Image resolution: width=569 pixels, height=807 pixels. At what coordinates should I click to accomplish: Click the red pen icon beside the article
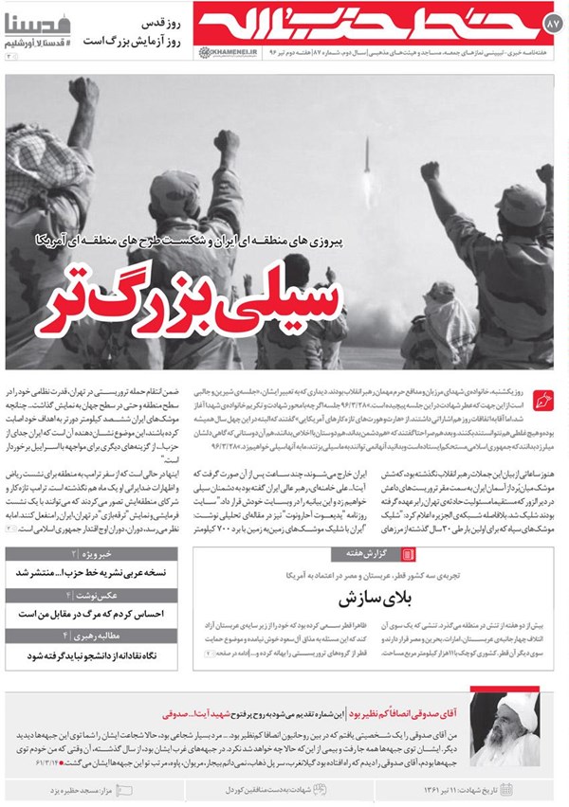[543, 399]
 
